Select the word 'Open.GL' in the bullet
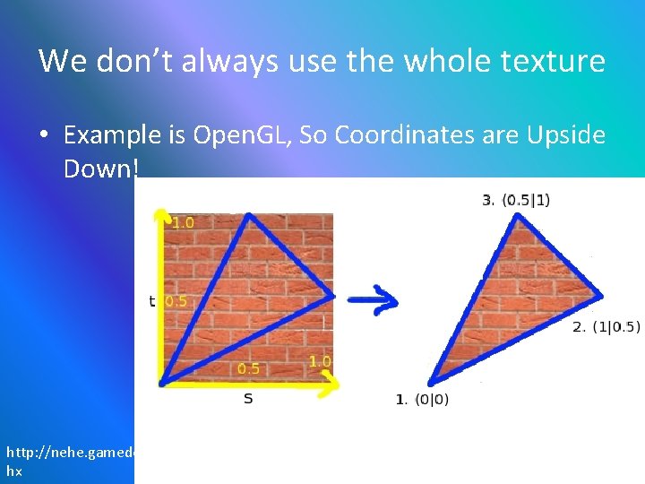tap(243, 135)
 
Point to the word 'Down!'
tap(99, 168)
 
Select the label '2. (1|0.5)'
tap(606, 326)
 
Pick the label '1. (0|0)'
tap(423, 399)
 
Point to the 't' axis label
tap(151, 301)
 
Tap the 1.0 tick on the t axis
tap(183, 222)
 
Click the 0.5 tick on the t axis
tap(177, 301)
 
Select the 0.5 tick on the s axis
tap(248, 368)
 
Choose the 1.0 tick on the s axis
tap(320, 361)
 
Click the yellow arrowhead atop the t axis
tap(162, 216)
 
